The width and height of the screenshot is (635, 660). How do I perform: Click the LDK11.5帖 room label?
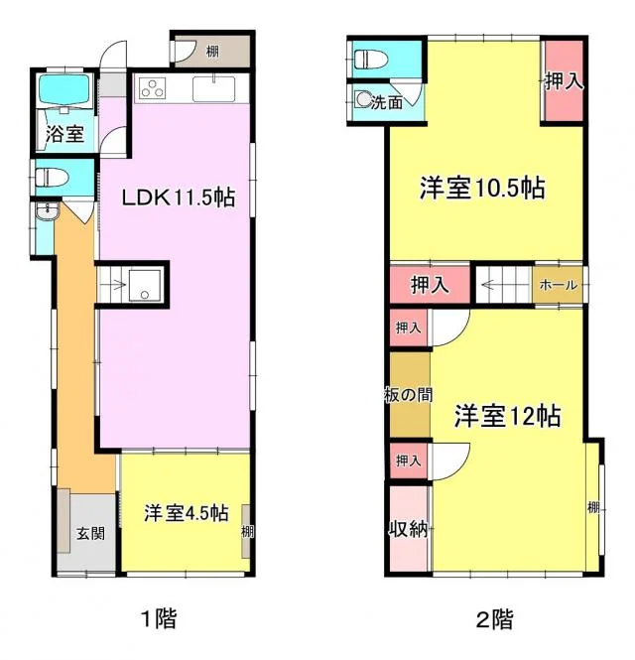pyautogui.click(x=179, y=197)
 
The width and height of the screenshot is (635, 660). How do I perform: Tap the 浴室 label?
pyautogui.click(x=64, y=133)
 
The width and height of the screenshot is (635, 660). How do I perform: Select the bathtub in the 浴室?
pyautogui.click(x=63, y=92)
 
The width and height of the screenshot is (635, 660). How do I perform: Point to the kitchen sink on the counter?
pyautogui.click(x=213, y=88)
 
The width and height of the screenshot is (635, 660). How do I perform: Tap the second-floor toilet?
pyautogui.click(x=370, y=59)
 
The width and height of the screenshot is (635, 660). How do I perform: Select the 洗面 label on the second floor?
pyautogui.click(x=386, y=102)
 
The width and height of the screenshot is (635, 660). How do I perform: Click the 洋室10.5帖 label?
pyautogui.click(x=482, y=188)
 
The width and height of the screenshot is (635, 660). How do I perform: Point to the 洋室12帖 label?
pyautogui.click(x=507, y=416)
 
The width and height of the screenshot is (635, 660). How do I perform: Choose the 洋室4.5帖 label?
pyautogui.click(x=187, y=513)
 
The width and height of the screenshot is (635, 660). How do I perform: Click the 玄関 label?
pyautogui.click(x=90, y=534)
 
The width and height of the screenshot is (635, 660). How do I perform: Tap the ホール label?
pyautogui.click(x=558, y=285)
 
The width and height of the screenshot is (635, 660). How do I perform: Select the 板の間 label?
pyautogui.click(x=408, y=395)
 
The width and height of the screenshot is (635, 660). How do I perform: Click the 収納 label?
pyautogui.click(x=408, y=529)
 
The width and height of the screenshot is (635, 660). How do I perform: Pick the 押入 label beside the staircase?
pyautogui.click(x=430, y=285)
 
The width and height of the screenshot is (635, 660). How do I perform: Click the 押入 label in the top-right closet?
pyautogui.click(x=564, y=80)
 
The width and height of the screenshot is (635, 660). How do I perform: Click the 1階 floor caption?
pyautogui.click(x=159, y=618)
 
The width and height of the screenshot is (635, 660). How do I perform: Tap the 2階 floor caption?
pyautogui.click(x=495, y=619)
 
